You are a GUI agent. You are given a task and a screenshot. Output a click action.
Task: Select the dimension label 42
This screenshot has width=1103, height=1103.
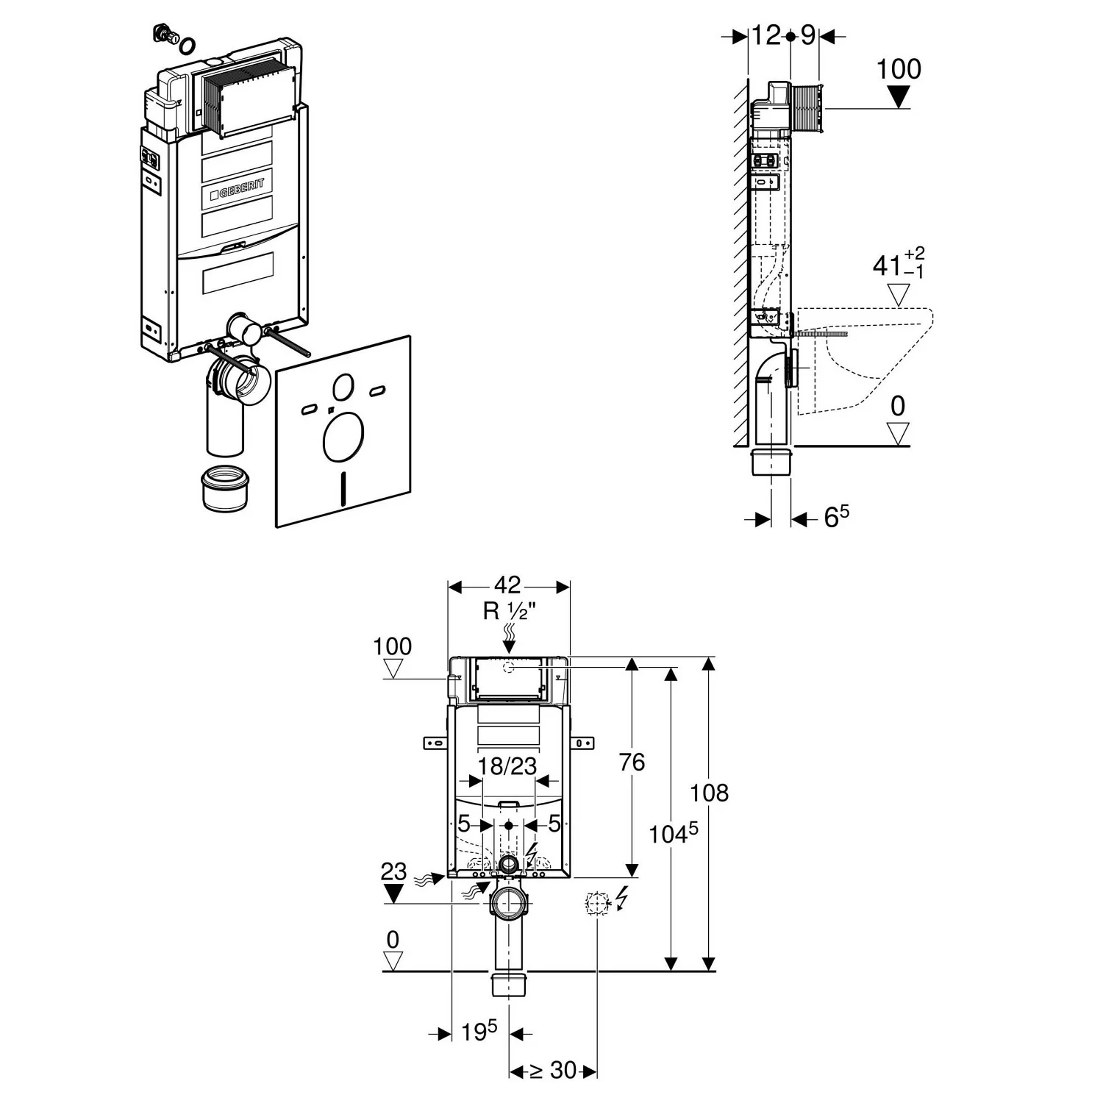coord(507,585)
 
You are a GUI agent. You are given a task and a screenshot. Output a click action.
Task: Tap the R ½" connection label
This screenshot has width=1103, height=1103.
coord(507,611)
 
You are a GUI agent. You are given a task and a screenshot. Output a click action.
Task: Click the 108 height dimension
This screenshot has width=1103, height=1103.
coord(710,793)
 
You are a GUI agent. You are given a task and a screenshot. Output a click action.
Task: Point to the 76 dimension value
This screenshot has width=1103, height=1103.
coord(632,763)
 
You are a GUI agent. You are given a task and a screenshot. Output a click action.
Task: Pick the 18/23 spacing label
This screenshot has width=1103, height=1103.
coord(507,766)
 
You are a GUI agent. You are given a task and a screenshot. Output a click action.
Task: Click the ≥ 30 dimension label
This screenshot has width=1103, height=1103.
coord(553,1070)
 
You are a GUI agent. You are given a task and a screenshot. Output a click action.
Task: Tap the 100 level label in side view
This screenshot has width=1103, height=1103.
coord(899,69)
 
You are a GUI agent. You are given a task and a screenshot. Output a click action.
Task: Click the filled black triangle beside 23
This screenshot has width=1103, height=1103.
coord(395,894)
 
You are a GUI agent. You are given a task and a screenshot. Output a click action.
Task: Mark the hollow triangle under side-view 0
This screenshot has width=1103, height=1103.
coord(898,433)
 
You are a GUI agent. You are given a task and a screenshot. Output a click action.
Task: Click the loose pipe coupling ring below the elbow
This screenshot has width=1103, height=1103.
coord(226,488)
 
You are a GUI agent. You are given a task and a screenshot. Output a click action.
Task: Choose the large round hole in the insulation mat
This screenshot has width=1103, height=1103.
coord(343,439)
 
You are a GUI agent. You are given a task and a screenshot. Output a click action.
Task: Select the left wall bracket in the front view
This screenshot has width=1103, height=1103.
coord(436,743)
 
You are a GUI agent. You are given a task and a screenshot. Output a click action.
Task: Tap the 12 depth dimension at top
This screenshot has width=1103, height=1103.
coord(765,35)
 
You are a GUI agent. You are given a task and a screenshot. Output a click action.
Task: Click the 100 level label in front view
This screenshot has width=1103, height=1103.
coord(393,647)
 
